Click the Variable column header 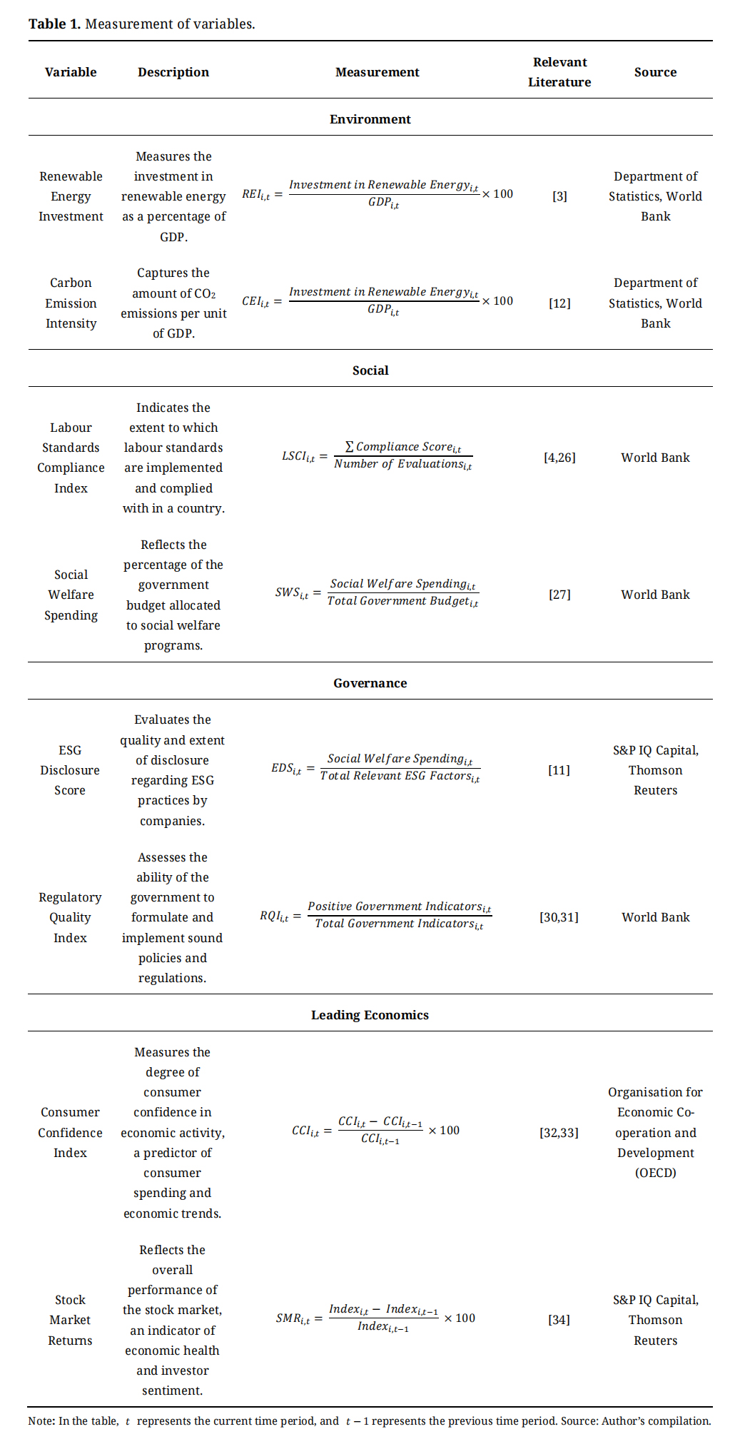[x=71, y=72]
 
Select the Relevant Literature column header [x=559, y=72]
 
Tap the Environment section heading [x=370, y=119]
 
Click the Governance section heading [x=370, y=683]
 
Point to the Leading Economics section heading [x=370, y=1015]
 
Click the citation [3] [x=559, y=196]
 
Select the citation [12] [x=559, y=303]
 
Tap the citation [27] [x=559, y=595]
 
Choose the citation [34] [x=559, y=1320]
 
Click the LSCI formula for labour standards [x=377, y=455]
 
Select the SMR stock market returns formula [x=375, y=1318]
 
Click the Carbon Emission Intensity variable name [x=71, y=303]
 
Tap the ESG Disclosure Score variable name [x=70, y=770]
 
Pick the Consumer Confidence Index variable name [x=70, y=1133]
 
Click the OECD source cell [x=655, y=1133]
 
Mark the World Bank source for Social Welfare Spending [x=655, y=595]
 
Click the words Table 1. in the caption [x=54, y=24]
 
